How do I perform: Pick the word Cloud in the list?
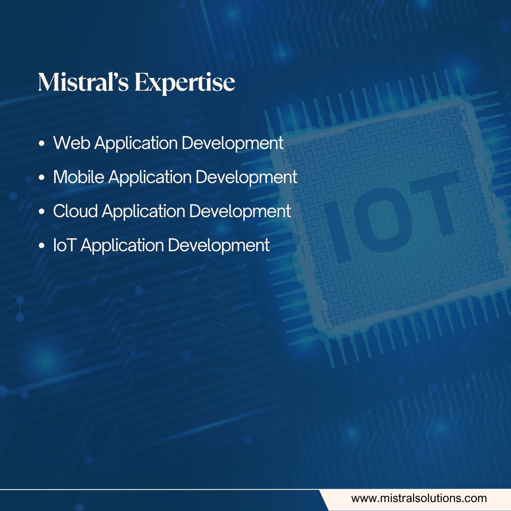[75, 211]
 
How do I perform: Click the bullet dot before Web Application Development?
[42, 144]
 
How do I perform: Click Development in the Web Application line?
[233, 144]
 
